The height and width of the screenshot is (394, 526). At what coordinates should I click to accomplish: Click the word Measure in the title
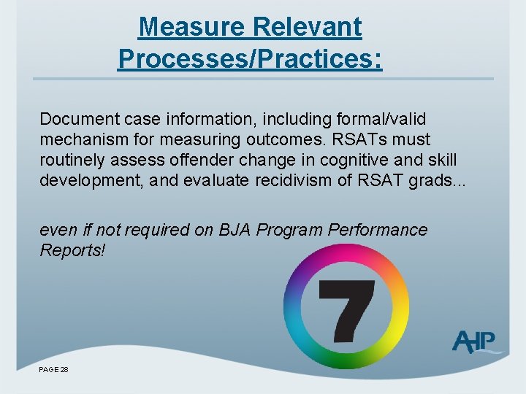pos(191,27)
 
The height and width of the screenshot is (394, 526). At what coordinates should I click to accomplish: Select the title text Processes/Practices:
pos(249,59)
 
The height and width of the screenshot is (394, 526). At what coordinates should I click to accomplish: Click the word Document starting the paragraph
pos(74,119)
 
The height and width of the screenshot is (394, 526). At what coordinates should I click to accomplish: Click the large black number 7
pos(346,306)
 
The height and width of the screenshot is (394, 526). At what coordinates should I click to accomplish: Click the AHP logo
pos(474,341)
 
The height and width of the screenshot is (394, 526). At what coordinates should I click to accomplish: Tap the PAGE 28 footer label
pos(54,370)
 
